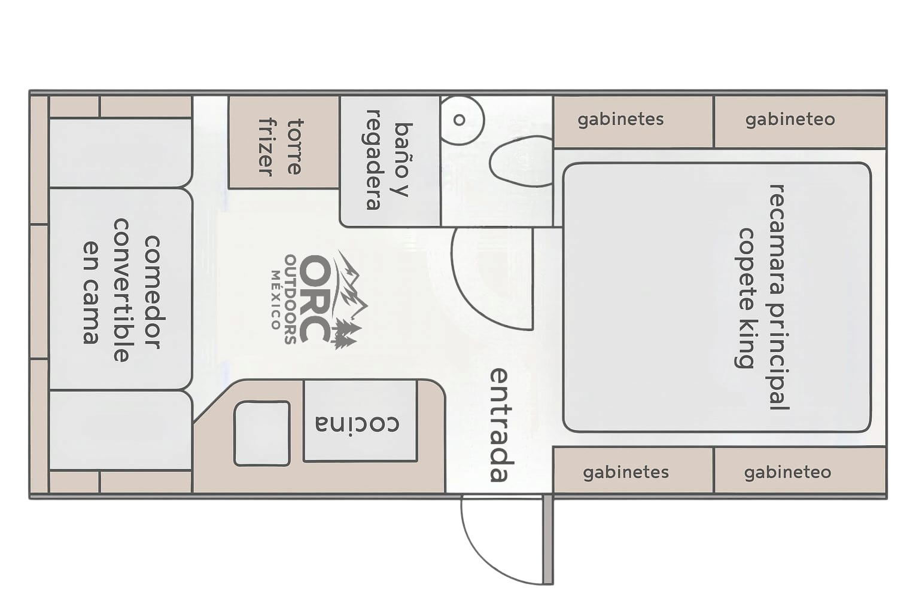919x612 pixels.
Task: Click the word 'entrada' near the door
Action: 502,425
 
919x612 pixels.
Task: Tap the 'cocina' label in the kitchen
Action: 357,424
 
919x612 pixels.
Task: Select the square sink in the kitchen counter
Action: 261,433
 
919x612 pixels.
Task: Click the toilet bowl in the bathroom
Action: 520,161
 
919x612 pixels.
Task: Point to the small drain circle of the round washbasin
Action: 459,120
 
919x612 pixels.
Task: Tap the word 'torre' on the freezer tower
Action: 294,146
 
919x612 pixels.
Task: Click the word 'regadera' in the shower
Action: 373,160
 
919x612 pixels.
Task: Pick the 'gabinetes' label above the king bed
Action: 620,120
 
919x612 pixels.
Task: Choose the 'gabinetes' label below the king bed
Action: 626,473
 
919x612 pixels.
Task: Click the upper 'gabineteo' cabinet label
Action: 790,120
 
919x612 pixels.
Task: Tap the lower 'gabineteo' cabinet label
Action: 787,473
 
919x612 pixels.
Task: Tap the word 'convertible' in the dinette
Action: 121,290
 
